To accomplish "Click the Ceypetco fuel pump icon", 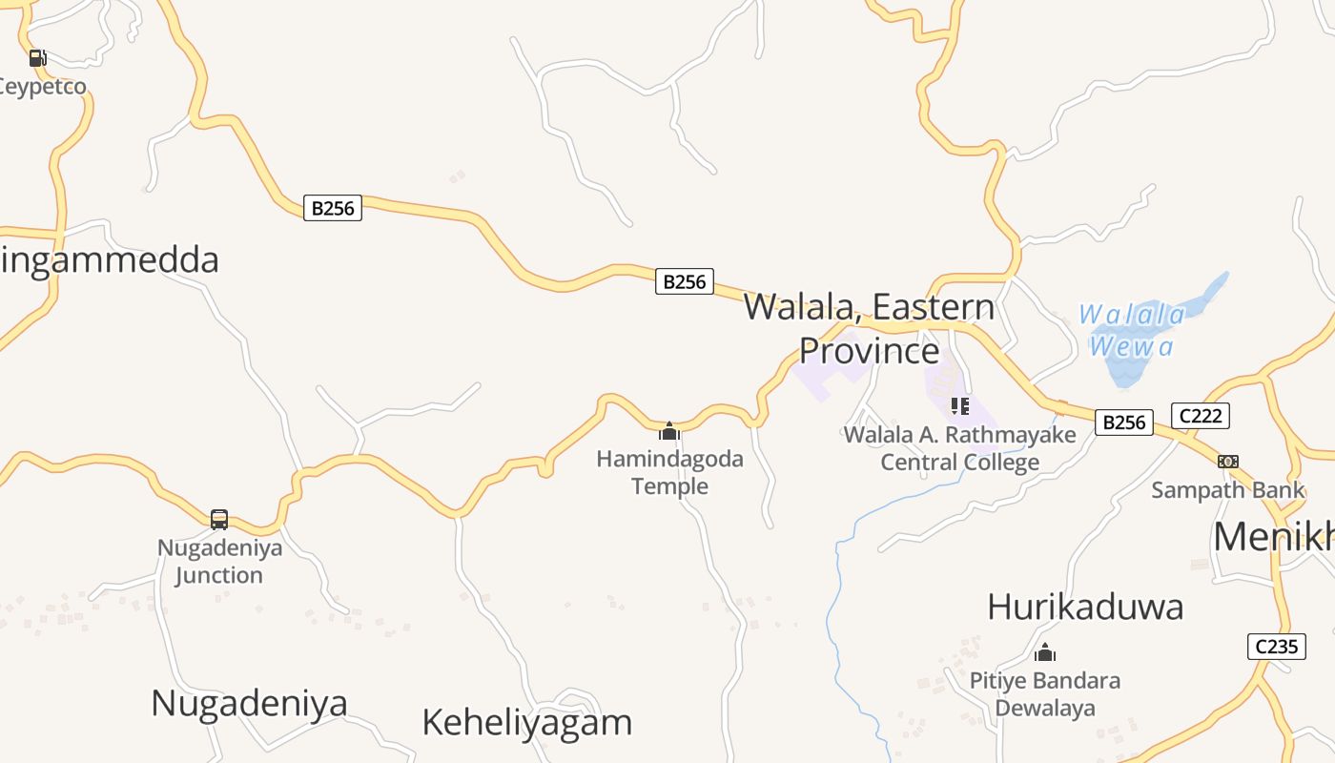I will (x=37, y=58).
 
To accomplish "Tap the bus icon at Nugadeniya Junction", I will (x=219, y=520).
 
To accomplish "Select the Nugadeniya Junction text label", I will (x=219, y=562).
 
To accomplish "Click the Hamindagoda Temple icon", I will (x=669, y=431).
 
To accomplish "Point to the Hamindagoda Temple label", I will (x=669, y=472).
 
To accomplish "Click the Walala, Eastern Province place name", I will (x=869, y=329).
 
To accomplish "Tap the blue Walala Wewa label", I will (x=1132, y=330).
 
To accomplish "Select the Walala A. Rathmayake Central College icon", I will (x=959, y=406).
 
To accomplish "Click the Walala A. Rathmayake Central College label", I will (x=959, y=448).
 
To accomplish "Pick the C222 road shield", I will (x=1200, y=416).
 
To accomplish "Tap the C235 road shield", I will (x=1276, y=647).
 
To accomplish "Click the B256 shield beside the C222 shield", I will (x=1123, y=423).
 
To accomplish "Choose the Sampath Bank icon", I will (x=1228, y=462).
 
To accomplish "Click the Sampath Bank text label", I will (x=1227, y=490).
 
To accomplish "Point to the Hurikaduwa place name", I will (x=1085, y=607).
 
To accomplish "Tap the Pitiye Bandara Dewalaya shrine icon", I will (x=1045, y=653).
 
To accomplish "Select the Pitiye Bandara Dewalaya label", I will (x=1045, y=694).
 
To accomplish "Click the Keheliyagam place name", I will (x=526, y=723).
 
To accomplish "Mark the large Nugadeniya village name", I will (x=249, y=704).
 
